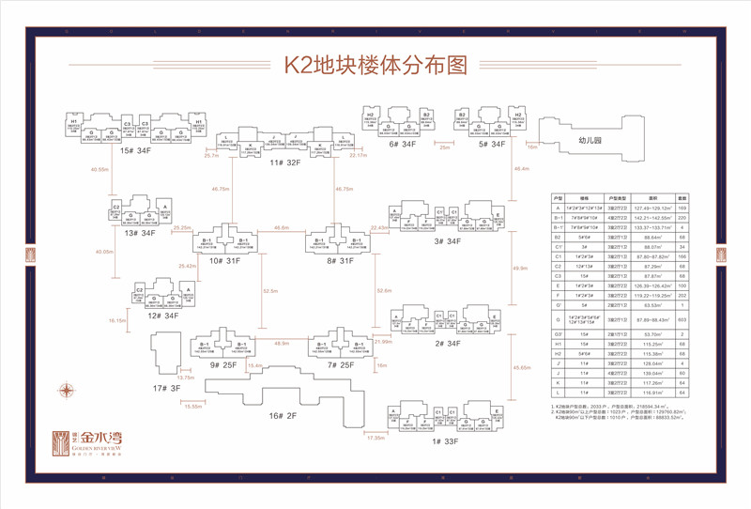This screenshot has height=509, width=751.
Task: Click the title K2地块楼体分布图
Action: pos(375,65)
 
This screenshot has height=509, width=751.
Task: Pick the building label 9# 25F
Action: pos(222,363)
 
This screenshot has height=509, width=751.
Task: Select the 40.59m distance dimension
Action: pos(100,169)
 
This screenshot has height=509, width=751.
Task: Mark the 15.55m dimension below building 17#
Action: pos(192,406)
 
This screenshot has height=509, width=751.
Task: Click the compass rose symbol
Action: pos(67,390)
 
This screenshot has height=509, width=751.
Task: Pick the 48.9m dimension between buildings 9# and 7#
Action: pos(281,344)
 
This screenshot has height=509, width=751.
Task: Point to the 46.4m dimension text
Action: pos(522,169)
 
